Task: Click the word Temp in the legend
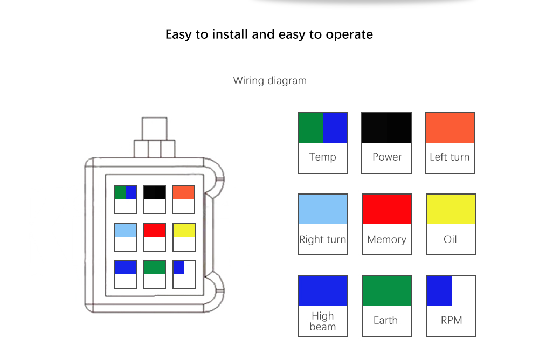point(322,157)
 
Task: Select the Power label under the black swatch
point(387,157)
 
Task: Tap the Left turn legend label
point(450,157)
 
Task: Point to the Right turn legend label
point(322,239)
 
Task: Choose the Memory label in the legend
point(386,239)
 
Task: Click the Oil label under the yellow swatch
point(451,239)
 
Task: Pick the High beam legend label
point(322,321)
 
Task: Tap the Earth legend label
point(386,320)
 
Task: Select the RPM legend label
point(451,320)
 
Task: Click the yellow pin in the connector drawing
point(184,231)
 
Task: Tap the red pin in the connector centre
point(154,231)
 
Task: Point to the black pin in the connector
point(154,193)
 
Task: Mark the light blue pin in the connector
point(125,231)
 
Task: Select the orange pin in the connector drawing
point(183,193)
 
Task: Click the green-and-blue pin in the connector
point(125,193)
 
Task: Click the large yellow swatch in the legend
point(451,210)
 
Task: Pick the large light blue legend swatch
point(322,210)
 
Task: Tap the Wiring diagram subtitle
point(269,80)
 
